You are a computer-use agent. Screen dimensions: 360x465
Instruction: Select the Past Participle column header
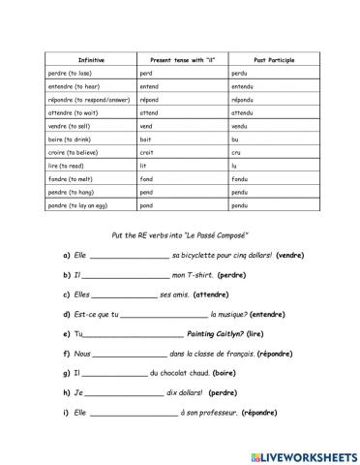274,60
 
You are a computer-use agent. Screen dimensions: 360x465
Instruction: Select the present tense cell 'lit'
145,166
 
